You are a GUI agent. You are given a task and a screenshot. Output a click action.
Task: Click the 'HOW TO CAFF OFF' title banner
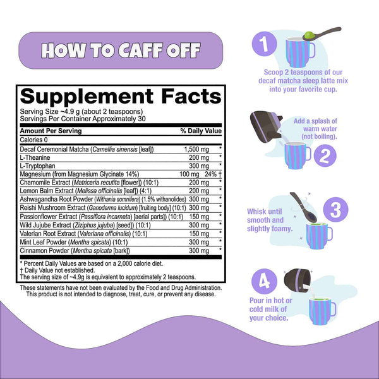pyautogui.click(x=121, y=51)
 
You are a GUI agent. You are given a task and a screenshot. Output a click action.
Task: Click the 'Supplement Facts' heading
pyautogui.click(x=121, y=97)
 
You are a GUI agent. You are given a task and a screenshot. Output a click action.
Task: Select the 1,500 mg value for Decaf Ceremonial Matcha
pyautogui.click(x=196, y=150)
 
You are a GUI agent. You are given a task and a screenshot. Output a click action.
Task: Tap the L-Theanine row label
pyautogui.click(x=35, y=157)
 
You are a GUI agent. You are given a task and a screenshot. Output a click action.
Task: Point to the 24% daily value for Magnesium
pyautogui.click(x=211, y=174)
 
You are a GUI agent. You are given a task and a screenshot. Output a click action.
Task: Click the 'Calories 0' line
pyautogui.click(x=34, y=140)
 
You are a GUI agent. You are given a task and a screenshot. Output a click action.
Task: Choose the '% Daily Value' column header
pyautogui.click(x=201, y=131)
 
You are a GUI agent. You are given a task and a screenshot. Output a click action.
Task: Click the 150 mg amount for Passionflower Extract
pyautogui.click(x=199, y=217)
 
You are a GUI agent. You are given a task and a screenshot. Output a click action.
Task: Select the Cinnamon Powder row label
pyautogui.click(x=75, y=251)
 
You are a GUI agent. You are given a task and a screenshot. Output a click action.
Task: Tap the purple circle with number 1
pyautogui.click(x=264, y=44)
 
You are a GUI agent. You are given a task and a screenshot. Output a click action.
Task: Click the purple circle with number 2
pyautogui.click(x=325, y=155)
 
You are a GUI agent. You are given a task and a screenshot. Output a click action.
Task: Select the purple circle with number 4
pyautogui.click(x=264, y=281)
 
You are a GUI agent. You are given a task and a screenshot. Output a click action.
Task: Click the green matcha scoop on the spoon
pyautogui.click(x=309, y=35)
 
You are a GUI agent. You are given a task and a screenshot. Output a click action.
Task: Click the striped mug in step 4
pyautogui.click(x=322, y=311)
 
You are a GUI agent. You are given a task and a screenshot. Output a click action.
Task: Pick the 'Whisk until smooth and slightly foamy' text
pyautogui.click(x=270, y=220)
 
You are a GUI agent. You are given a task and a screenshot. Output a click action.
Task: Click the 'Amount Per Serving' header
pyautogui.click(x=51, y=131)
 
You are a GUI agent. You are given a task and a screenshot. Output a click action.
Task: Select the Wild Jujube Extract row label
pyautogui.click(x=85, y=226)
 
